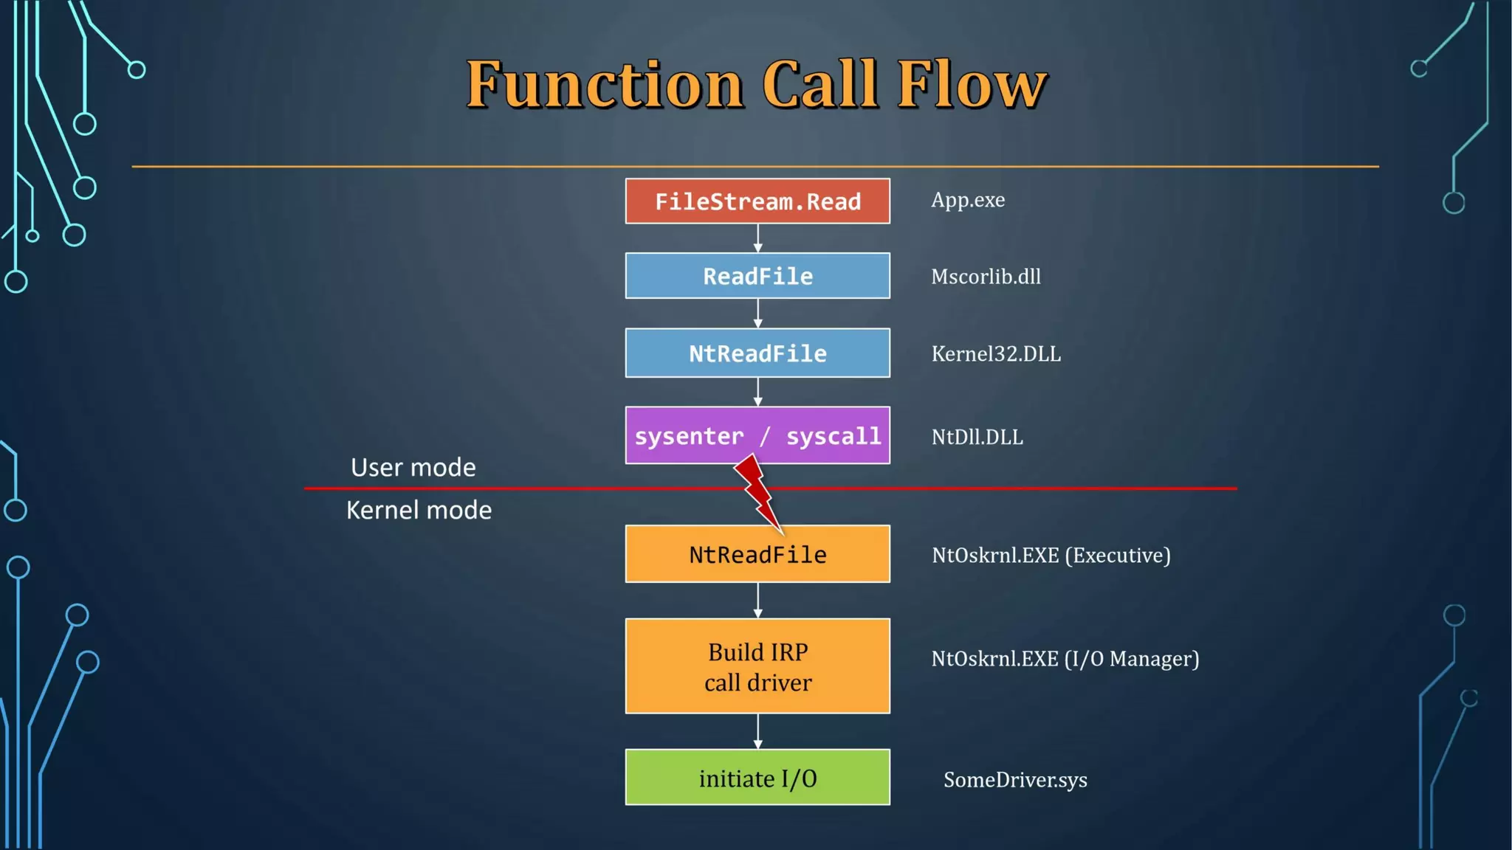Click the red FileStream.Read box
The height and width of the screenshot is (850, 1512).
757,201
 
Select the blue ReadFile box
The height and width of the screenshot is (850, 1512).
757,276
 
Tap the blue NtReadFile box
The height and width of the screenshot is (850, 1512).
757,353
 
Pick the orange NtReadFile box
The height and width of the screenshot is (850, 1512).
757,555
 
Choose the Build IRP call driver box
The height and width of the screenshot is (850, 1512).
757,666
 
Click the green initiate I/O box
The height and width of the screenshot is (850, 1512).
757,778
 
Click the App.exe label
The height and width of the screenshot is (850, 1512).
967,200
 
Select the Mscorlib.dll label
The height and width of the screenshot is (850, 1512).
986,277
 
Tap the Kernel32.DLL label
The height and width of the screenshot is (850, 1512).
995,354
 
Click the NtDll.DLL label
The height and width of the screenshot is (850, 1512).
977,437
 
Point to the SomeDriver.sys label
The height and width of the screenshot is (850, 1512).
1015,780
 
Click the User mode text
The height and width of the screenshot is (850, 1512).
413,467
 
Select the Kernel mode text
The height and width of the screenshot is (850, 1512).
419,510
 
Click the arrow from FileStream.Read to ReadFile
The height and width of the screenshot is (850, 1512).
757,238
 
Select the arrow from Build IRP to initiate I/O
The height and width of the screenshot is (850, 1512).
757,731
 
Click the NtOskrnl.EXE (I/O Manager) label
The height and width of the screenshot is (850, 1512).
1065,658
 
